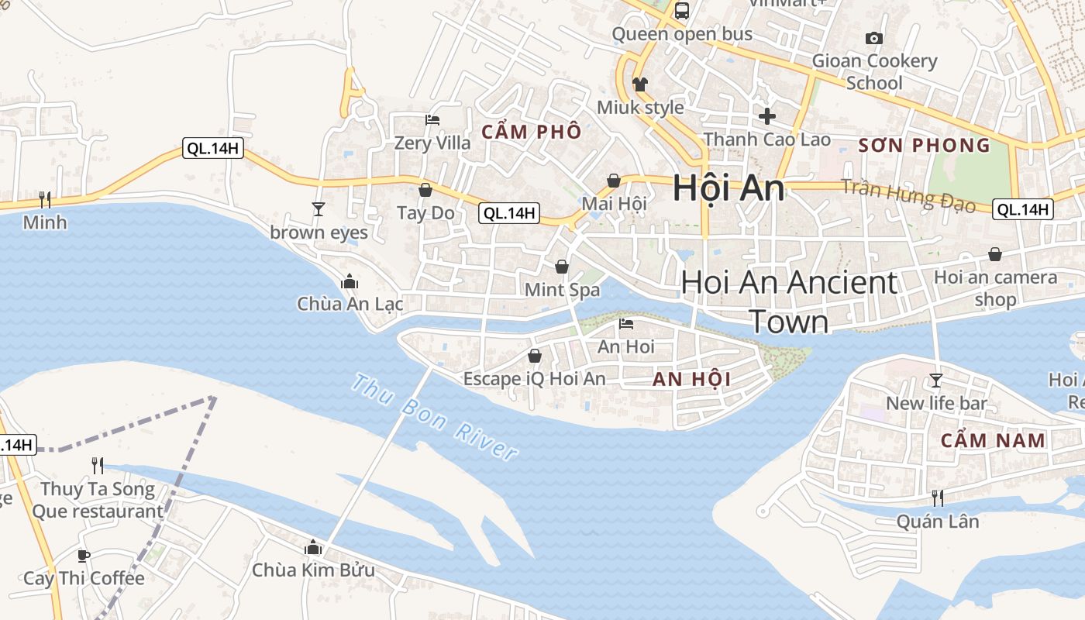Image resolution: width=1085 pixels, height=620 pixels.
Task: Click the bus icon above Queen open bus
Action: coord(682,11)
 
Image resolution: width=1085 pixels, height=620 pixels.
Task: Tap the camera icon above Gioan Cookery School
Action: coord(874,38)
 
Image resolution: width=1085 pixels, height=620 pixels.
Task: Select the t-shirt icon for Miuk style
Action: coord(639,84)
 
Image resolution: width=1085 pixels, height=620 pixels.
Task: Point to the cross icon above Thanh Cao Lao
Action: coord(767,116)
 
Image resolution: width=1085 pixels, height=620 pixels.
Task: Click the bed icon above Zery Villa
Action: coord(432,120)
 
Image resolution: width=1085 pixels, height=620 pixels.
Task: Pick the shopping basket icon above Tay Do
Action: coord(425,189)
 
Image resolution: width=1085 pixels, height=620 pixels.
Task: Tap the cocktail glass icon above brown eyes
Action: coord(318,208)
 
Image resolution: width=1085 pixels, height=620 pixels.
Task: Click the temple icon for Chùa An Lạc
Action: coord(350,281)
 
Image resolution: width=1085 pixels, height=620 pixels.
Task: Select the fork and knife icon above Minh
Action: coord(45,200)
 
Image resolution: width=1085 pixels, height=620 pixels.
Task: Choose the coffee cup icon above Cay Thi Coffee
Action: coord(84,555)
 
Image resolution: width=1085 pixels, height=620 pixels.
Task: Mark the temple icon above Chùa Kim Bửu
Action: coord(313,547)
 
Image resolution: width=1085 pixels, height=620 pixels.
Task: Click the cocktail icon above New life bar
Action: coord(936,380)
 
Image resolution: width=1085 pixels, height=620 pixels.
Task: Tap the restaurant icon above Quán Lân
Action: coord(938,498)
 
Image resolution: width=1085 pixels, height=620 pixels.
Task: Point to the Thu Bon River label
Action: coord(434,418)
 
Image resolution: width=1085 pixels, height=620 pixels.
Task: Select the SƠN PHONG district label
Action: coord(925,145)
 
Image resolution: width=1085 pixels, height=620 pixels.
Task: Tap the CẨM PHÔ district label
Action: coord(532,132)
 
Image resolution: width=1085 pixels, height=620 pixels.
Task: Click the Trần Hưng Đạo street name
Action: coord(908,194)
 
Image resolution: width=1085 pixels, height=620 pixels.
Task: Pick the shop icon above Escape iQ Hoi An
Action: coord(535,356)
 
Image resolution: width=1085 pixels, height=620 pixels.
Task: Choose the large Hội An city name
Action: coord(728,188)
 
